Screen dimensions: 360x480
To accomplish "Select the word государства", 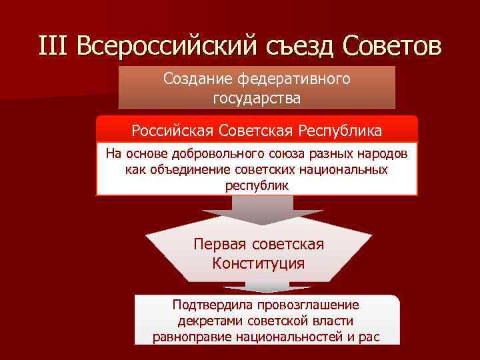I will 257,99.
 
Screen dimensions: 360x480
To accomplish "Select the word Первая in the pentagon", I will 218,244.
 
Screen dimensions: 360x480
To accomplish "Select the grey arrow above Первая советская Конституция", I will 257,211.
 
